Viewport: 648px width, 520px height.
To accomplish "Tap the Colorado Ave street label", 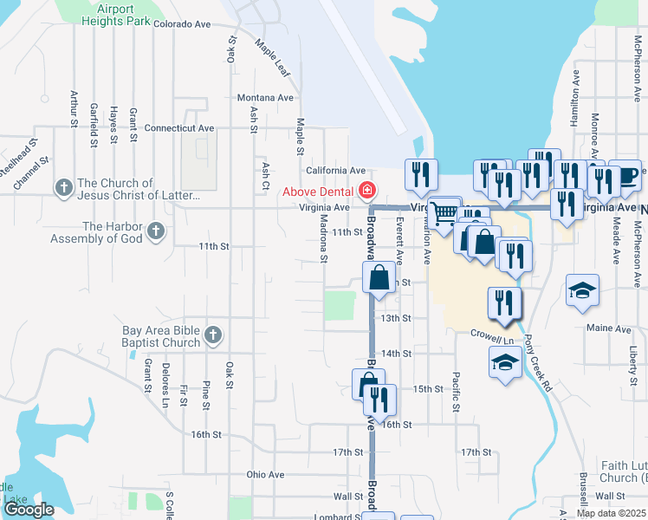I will [183, 24].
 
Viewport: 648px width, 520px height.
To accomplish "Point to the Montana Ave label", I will [265, 98].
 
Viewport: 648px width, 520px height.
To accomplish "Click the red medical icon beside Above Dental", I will [367, 190].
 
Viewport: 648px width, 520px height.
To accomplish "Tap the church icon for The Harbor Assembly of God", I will [155, 231].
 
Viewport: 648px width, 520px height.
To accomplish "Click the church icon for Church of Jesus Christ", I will [63, 187].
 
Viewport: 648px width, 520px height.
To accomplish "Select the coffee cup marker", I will [625, 176].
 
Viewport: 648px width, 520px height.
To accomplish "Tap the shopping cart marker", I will [444, 212].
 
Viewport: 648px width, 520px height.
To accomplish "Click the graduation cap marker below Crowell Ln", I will [505, 364].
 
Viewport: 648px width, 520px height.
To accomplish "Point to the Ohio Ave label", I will [265, 474].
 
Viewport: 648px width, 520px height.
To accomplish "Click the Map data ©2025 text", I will [610, 513].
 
